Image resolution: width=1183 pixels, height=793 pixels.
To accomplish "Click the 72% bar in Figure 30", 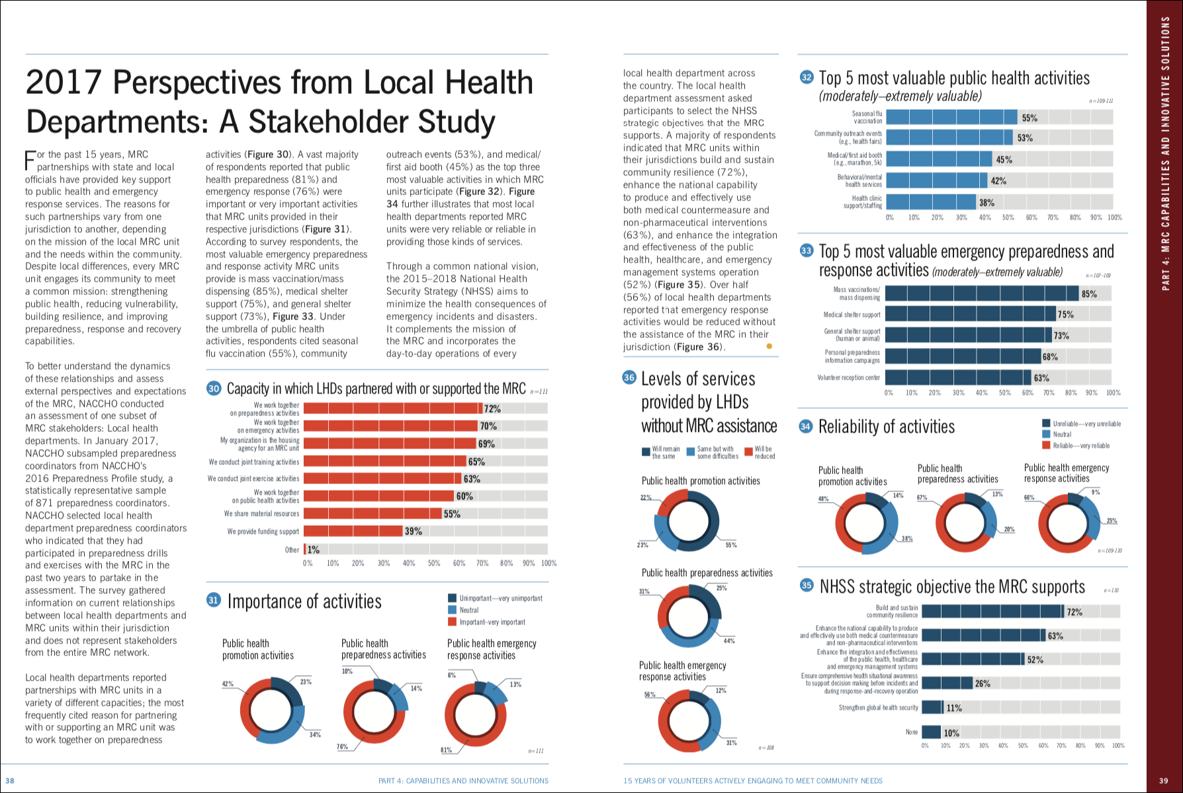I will (x=393, y=409).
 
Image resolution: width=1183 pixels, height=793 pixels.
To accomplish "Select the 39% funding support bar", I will (x=353, y=531).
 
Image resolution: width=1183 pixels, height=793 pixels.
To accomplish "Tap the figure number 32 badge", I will (x=807, y=77).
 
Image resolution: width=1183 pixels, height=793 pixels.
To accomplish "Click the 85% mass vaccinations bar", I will (x=982, y=294).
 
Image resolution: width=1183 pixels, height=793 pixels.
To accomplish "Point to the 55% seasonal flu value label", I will (x=1030, y=118).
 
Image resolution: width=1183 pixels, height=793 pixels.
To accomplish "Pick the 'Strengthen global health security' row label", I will (x=878, y=708).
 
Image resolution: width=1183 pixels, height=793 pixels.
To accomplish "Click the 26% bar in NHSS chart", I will (x=947, y=683).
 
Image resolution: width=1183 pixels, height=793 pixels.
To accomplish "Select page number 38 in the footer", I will (x=10, y=780).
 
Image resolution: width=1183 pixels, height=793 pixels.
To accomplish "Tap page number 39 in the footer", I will (x=1164, y=780).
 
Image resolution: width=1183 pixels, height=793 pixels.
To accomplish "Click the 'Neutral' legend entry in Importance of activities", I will (x=468, y=610).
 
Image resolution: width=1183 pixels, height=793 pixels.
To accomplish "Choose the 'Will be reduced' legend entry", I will (x=764, y=452).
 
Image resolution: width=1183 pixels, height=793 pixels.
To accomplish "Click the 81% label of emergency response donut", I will (x=447, y=750).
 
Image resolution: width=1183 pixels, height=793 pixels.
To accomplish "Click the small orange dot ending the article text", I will (x=769, y=346).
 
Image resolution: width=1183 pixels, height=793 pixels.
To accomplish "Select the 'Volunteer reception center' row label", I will (x=848, y=378).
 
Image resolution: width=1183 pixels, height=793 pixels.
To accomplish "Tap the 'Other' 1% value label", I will (x=314, y=550).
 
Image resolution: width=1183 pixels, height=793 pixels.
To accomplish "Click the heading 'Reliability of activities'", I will (x=886, y=427).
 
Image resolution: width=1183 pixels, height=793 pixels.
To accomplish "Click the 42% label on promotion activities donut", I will (x=228, y=684).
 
